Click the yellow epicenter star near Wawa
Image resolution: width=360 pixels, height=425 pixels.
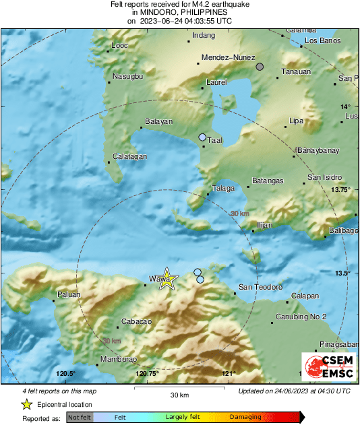(166, 280)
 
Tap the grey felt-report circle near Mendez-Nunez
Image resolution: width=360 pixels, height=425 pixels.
(260, 67)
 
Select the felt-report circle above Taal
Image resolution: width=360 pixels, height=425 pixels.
(202, 137)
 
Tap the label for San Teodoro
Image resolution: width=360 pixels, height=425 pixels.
(260, 287)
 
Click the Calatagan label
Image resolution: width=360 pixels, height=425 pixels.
(128, 156)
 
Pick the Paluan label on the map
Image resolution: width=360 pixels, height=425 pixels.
(68, 294)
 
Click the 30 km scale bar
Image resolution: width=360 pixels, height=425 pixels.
(179, 389)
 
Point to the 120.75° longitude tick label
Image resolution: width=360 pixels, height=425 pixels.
(147, 373)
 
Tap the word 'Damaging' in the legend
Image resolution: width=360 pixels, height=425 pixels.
(245, 418)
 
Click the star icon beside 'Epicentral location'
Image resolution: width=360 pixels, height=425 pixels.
(26, 404)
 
